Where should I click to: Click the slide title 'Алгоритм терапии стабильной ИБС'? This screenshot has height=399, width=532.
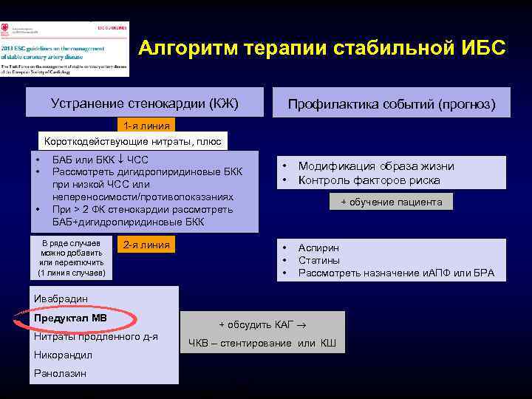coord(322,49)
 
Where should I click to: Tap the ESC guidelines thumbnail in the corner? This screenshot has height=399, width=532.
coord(65,49)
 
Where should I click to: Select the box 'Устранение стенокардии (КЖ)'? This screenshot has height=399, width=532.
coord(144,102)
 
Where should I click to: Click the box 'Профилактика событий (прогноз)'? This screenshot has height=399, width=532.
coord(391,104)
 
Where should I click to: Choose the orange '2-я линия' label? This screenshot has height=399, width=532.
coord(146,245)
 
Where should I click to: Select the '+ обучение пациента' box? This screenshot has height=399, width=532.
coord(391,202)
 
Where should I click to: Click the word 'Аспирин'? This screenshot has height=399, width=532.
coord(318,248)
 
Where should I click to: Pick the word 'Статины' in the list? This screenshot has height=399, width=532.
coord(318,260)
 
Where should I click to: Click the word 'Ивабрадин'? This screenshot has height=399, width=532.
coord(61,299)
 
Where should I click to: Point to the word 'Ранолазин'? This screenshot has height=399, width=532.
coord(60,373)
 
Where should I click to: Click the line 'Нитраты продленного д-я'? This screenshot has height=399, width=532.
coord(95,337)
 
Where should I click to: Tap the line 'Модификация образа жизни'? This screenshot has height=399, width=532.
coord(376,167)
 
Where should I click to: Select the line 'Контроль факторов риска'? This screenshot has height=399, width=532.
coord(369,180)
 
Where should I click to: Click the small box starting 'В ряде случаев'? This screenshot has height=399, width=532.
coord(72,259)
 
